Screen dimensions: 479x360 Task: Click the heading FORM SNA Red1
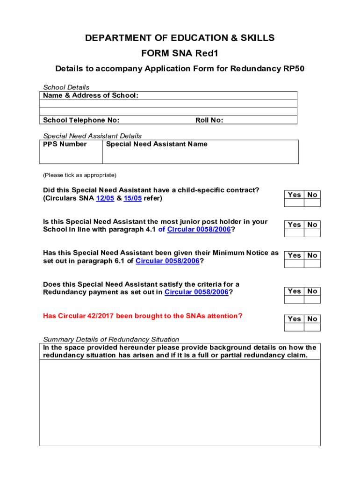180,53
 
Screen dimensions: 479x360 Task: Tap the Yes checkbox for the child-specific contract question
295,203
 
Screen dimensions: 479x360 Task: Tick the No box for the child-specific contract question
312,203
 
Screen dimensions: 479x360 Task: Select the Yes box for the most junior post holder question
295,232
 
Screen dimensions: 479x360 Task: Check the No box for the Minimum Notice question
312,263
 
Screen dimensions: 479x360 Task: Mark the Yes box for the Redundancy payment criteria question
295,299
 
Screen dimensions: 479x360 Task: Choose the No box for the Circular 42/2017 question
312,327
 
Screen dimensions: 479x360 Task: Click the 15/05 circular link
133,198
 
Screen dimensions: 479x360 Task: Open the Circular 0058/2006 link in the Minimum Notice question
167,261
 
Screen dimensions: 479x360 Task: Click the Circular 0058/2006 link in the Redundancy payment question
196,292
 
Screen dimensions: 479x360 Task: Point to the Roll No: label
209,120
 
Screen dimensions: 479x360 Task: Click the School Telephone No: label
81,120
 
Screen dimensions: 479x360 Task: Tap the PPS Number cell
71,152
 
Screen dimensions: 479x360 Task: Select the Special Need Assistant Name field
200,152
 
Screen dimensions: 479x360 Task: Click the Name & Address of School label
91,95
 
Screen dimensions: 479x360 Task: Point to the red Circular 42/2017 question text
143,316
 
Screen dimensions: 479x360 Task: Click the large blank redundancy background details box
180,402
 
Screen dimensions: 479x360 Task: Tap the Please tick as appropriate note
79,175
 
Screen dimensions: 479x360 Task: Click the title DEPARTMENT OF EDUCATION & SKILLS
180,38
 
